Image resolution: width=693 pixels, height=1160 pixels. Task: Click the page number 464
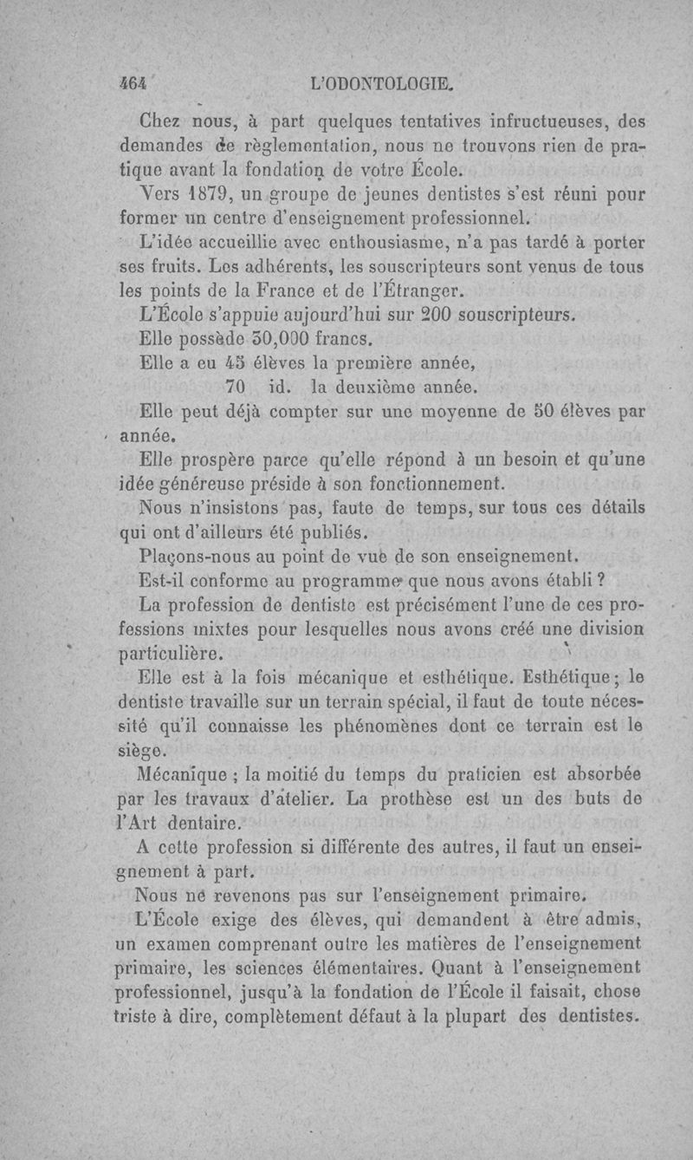(134, 87)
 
